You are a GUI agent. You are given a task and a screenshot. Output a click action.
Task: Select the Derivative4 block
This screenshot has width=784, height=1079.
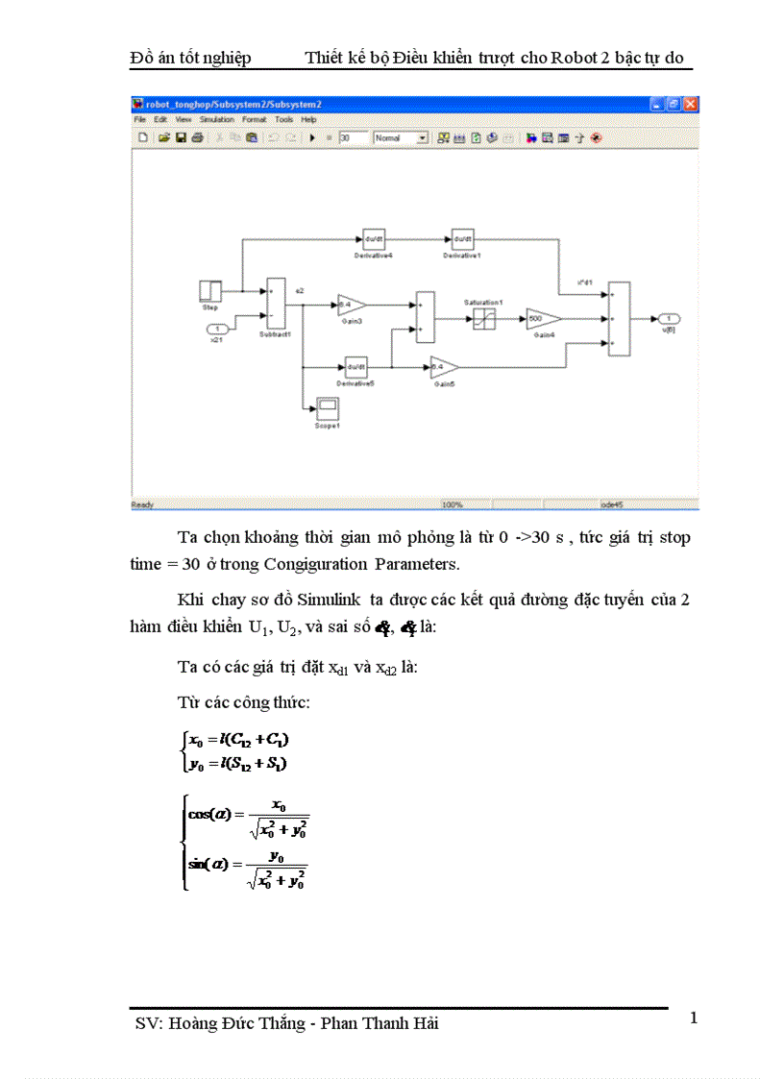tap(372, 239)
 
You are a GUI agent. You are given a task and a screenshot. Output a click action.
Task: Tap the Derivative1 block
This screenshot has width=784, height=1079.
tap(462, 239)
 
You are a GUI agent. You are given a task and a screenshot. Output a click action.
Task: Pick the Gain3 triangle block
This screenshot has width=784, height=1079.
tap(351, 306)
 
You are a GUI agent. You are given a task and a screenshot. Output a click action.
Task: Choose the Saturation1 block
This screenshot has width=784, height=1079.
tap(483, 319)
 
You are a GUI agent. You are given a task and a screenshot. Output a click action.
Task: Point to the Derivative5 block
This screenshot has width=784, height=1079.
tap(355, 368)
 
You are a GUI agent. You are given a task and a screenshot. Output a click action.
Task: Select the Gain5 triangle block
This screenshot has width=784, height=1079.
tap(443, 368)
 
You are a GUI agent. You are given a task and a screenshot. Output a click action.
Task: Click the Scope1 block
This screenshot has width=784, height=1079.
tap(328, 407)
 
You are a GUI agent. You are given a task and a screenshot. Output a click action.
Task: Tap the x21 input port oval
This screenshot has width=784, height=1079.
tap(217, 330)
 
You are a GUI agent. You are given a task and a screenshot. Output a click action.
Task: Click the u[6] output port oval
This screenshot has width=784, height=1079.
tap(670, 318)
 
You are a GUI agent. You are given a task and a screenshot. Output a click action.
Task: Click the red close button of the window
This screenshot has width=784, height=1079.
tap(690, 104)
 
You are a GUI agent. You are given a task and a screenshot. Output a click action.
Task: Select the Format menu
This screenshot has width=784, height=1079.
tap(254, 120)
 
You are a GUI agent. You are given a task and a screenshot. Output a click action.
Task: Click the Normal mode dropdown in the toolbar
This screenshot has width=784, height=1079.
tap(401, 138)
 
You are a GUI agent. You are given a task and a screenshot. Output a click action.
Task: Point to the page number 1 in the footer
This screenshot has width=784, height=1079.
tap(693, 1018)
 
